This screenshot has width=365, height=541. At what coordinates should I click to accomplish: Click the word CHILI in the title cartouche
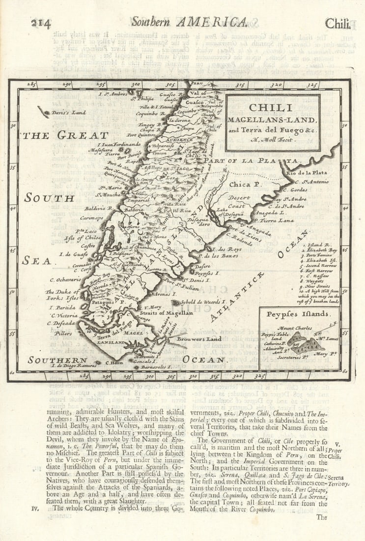270,107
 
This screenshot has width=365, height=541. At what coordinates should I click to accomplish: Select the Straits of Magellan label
167,312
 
